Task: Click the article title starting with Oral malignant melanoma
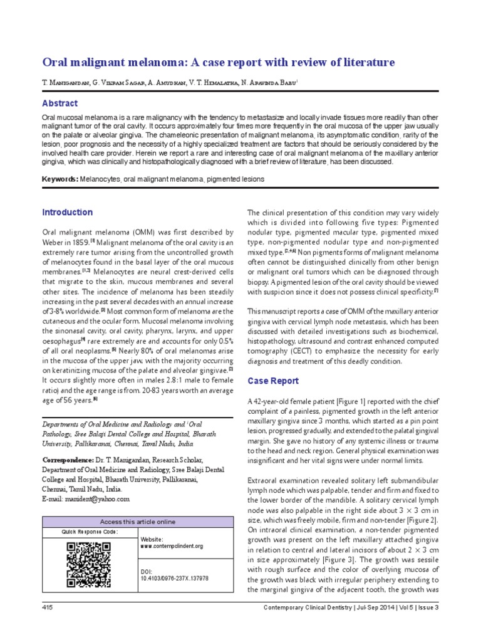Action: click(218, 62)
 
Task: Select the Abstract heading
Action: click(59, 103)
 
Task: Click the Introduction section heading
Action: click(67, 213)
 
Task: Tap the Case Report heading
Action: click(273, 381)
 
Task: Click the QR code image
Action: click(90, 564)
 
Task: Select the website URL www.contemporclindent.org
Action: click(172, 546)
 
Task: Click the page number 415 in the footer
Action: click(48, 608)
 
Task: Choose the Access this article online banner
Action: click(138, 522)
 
